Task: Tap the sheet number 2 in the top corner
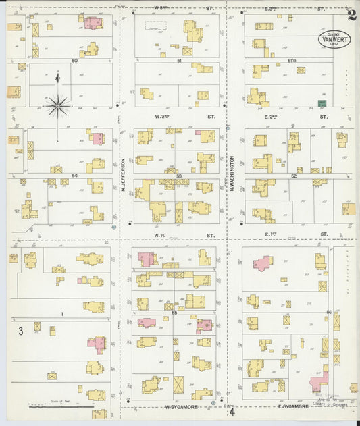351,14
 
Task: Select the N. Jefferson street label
124,172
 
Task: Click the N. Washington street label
231,172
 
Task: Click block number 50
74,61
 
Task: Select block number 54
74,175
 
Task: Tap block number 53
179,175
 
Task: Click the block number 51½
292,61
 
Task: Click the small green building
322,103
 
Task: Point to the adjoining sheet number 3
21,331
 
